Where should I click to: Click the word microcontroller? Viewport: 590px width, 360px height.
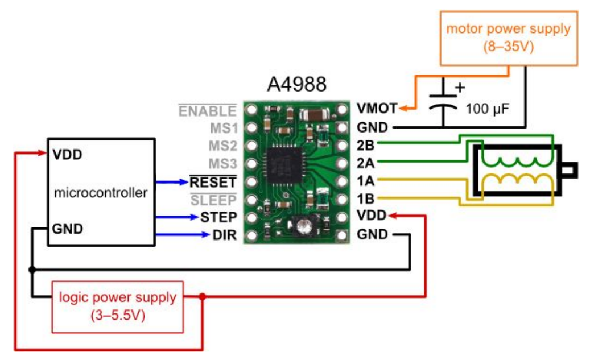pyautogui.click(x=101, y=193)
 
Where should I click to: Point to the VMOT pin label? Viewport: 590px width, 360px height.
pyautogui.click(x=377, y=108)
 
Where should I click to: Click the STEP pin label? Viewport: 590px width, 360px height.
pyautogui.click(x=217, y=217)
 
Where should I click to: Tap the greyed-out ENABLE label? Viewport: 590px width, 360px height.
pyautogui.click(x=207, y=110)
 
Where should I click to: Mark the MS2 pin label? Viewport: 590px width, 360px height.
pyautogui.click(x=222, y=146)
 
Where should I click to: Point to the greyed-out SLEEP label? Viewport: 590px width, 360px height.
pyautogui.click(x=213, y=200)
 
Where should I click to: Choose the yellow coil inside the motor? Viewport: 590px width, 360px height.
pyautogui.click(x=517, y=183)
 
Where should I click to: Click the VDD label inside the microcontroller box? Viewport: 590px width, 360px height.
pyautogui.click(x=67, y=154)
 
